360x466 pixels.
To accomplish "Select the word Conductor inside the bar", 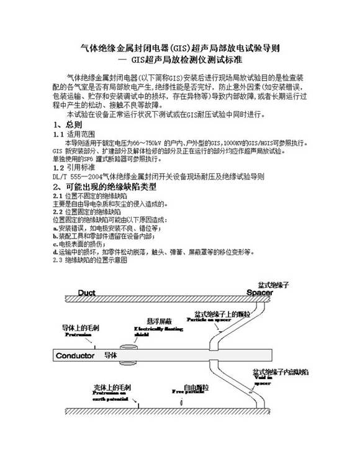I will [75, 356].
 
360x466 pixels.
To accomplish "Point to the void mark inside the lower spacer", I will [251, 392].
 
